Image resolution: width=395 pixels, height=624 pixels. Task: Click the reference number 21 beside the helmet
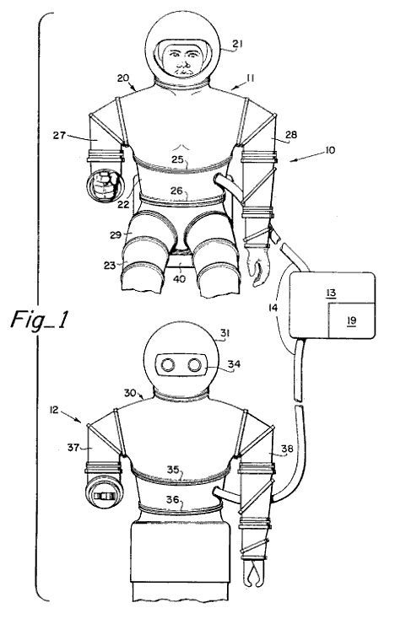coord(237,43)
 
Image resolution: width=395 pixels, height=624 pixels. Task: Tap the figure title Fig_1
coord(39,320)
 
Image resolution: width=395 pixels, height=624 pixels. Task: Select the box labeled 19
coord(351,320)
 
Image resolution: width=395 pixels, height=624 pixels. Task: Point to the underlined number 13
coord(331,293)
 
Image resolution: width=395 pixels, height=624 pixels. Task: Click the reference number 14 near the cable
coord(273,307)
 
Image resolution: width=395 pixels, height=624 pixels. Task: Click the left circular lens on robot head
coord(168,364)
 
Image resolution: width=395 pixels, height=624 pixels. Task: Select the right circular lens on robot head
coord(195,364)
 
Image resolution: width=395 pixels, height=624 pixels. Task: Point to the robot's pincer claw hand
coord(254,572)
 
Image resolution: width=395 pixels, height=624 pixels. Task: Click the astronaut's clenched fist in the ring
coord(105,185)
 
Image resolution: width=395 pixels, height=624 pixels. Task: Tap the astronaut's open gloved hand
coord(258,266)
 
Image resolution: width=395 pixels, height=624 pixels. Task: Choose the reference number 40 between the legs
coord(179,278)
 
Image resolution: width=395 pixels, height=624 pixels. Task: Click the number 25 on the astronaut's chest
coord(177,159)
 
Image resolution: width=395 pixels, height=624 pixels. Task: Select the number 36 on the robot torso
coord(172,499)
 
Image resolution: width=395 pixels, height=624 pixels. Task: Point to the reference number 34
coord(234,363)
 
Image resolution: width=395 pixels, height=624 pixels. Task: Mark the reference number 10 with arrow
coord(330,150)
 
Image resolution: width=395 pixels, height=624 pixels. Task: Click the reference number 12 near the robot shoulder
coord(54,410)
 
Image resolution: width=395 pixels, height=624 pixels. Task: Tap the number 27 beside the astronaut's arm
coord(59,135)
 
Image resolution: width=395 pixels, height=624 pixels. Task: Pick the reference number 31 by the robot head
coord(225,333)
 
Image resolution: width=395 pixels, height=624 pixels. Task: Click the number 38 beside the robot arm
coord(287,449)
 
